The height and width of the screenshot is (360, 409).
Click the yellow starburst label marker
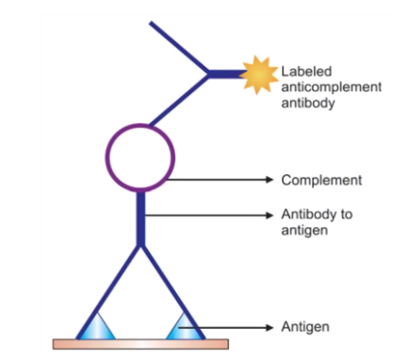pos(259,74)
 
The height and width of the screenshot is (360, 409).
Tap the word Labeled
pos(306,72)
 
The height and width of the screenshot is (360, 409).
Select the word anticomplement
pos(332,87)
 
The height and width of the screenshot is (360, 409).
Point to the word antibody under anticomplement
pos(308,103)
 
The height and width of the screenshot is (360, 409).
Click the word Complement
pos(321,180)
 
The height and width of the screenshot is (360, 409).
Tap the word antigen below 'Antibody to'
pos(304,230)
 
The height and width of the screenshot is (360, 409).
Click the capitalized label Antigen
pos(305,327)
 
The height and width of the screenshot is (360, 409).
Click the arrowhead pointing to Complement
pos(270,180)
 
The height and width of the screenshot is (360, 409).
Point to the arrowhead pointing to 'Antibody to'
pos(270,215)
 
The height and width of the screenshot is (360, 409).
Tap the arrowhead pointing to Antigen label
pos(270,328)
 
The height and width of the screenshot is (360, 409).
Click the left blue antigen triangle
pos(96,329)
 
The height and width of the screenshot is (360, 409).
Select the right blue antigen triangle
pos(185,329)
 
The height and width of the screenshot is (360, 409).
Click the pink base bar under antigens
pos(140,344)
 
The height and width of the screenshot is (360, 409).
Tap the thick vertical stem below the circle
pos(141,219)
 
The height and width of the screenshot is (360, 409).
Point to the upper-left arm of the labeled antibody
pos(178,48)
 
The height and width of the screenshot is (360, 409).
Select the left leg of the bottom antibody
pos(108,292)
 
